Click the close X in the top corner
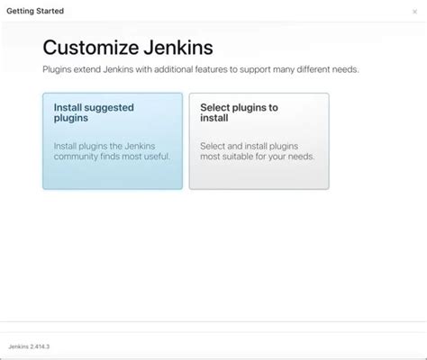point(413,12)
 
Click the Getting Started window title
point(35,11)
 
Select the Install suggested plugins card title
point(94,112)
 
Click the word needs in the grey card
point(298,157)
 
